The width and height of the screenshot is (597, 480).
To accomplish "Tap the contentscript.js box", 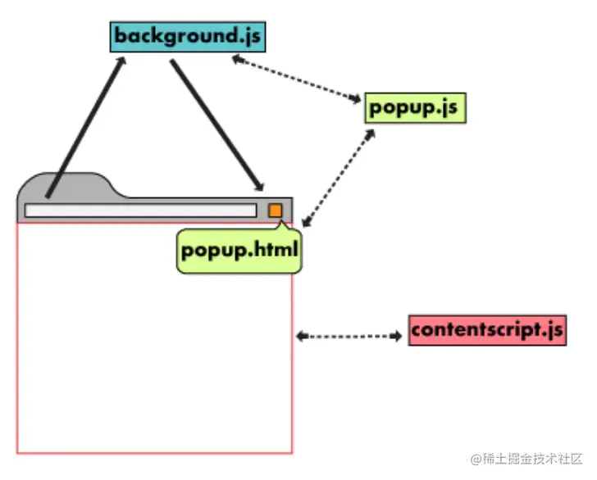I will click(487, 330).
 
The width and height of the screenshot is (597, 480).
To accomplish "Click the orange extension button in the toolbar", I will click(276, 211).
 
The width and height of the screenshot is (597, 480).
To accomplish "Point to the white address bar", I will click(139, 211).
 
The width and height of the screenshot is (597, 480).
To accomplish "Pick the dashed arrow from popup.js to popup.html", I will click(338, 175).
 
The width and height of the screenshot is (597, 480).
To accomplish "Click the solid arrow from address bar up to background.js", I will click(85, 127).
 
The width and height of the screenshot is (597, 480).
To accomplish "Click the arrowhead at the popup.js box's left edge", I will click(356, 100).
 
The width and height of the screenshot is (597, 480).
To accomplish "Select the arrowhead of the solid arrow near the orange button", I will click(259, 185).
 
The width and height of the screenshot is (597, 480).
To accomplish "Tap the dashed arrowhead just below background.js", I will click(236, 59).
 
